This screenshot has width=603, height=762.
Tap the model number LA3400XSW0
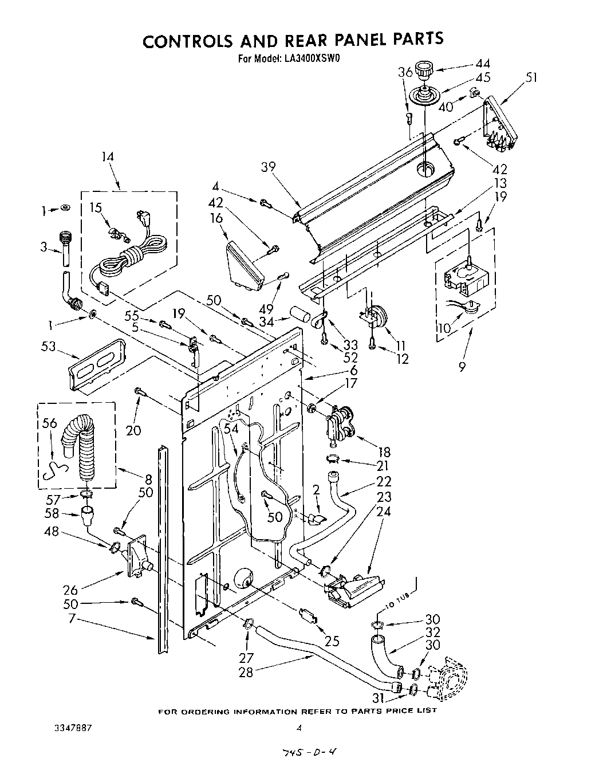point(309,57)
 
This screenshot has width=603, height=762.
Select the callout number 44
point(482,64)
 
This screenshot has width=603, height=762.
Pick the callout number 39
point(268,167)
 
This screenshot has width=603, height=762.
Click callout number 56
point(50,423)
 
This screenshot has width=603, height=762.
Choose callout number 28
point(246,672)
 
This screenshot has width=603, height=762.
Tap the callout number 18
point(384,453)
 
